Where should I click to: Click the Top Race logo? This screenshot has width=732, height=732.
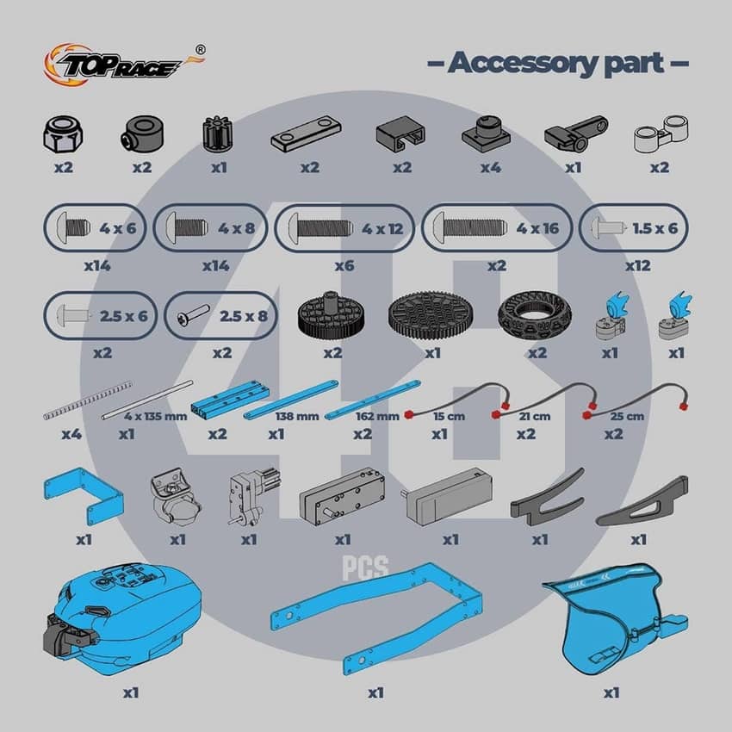[x=124, y=65]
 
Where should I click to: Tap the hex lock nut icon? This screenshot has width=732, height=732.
[x=63, y=134]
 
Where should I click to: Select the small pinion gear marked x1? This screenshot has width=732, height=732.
[x=219, y=134]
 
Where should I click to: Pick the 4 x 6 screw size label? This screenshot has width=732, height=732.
[x=117, y=228]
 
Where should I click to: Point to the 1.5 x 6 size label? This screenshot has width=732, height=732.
[x=654, y=228]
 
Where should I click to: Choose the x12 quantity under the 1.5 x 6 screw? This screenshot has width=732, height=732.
[x=637, y=265]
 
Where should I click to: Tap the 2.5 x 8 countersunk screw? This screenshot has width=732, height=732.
[x=193, y=315]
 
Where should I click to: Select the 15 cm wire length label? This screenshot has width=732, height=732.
[x=449, y=416]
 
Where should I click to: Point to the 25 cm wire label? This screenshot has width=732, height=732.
[x=627, y=416]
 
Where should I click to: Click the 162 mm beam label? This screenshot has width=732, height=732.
[x=377, y=416]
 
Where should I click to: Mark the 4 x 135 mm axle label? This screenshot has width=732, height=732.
[x=156, y=416]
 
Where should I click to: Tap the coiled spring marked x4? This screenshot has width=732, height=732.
[x=88, y=400]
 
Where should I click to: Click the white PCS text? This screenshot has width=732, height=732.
[x=365, y=568]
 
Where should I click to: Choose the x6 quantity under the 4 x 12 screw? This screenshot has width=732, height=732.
[x=344, y=265]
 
